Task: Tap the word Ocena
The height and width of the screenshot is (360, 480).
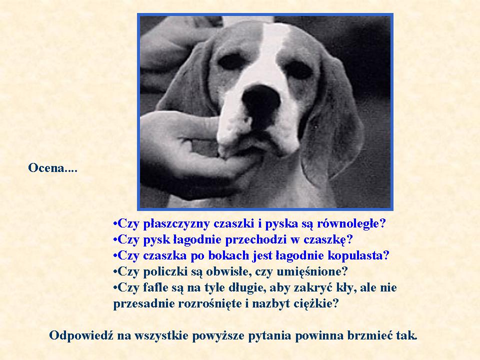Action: click(x=46, y=168)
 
